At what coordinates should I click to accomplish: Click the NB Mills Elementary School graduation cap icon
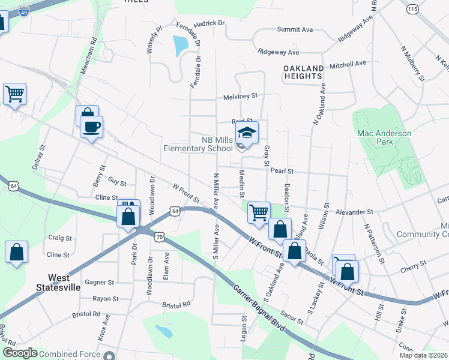click(x=247, y=133)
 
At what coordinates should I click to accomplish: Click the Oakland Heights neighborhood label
click(x=304, y=72)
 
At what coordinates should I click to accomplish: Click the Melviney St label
click(x=240, y=95)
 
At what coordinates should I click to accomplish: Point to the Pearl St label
click(x=282, y=171)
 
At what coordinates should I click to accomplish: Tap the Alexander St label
click(x=354, y=212)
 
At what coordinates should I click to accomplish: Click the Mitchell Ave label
click(x=348, y=64)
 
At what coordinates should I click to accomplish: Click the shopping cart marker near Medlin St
click(x=259, y=212)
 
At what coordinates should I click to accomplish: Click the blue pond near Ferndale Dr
click(x=179, y=44)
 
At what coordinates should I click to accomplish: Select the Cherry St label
click(x=414, y=263)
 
